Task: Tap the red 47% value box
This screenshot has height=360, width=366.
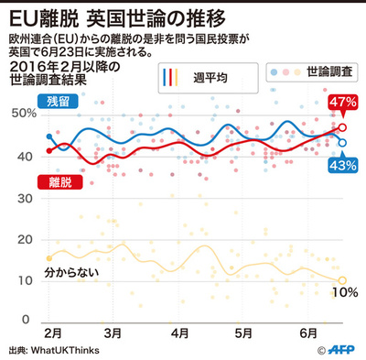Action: click(342, 102)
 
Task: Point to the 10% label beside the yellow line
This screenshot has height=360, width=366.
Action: click(344, 293)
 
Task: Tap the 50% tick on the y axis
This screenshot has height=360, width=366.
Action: click(23, 113)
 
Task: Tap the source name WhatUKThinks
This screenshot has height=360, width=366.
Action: click(67, 350)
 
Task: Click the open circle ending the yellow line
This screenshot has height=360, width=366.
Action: click(342, 280)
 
